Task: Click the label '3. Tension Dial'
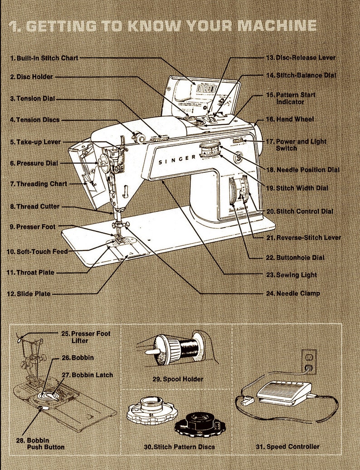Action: (32, 98)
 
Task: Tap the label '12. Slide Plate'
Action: (28, 294)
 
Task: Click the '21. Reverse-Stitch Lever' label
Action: (303, 237)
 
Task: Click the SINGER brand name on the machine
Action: (177, 159)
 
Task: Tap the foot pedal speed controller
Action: (284, 392)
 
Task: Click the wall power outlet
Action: (310, 362)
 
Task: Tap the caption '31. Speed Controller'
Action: (292, 447)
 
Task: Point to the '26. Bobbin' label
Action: (78, 357)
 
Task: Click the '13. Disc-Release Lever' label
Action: (301, 58)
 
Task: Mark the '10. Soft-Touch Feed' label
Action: (37, 251)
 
